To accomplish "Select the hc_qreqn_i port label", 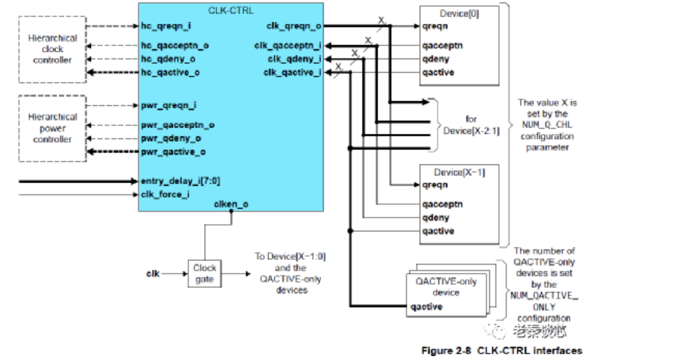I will pos(165,27).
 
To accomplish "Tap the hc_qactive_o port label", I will pos(170,72).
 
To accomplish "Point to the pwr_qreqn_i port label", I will pos(169,105).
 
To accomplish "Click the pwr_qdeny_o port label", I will pos(171,138).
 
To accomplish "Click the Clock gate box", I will pos(205,273).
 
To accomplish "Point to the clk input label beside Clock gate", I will pos(153,274).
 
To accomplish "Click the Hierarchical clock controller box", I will pos(53,49).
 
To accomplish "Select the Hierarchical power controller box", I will pos(53,128).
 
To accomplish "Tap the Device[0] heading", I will pos(459,14).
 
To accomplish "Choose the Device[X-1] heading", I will pos(459,172).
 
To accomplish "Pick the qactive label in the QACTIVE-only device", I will pos(426,306).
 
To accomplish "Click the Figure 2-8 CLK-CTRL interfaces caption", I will pos(502,351).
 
